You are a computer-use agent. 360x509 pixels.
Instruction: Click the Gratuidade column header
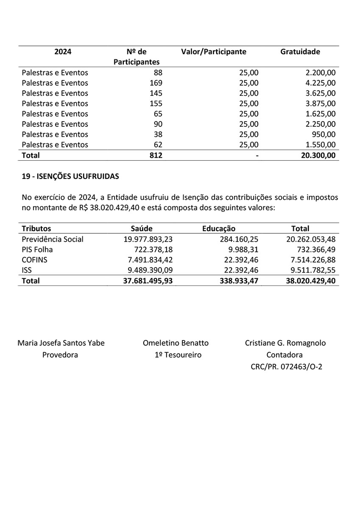click(300, 52)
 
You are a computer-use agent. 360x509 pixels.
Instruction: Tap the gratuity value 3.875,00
click(317, 103)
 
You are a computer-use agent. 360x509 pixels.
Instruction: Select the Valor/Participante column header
click(213, 52)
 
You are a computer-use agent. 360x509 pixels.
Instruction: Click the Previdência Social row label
click(53, 239)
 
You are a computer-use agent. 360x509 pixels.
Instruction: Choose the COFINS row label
click(34, 260)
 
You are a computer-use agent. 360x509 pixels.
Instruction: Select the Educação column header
click(218, 228)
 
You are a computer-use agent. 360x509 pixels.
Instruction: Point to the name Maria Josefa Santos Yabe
click(61, 343)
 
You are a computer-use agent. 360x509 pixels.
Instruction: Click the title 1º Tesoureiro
click(178, 355)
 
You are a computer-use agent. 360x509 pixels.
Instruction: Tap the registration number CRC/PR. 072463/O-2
click(286, 367)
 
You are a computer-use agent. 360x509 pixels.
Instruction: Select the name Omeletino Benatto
click(176, 343)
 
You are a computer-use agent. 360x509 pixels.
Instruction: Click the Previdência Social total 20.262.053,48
click(311, 239)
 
